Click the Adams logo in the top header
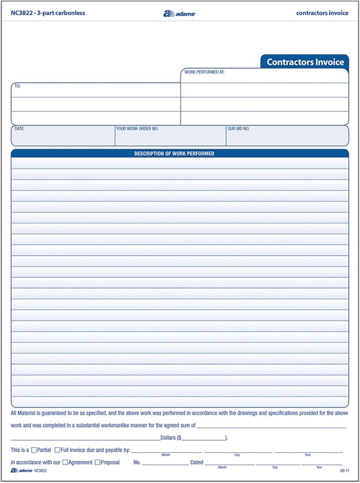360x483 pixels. pyautogui.click(x=179, y=14)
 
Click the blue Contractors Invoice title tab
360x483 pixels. pyautogui.click(x=305, y=62)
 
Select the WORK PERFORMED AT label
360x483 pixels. pyautogui.click(x=205, y=72)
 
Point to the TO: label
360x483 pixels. pyautogui.click(x=17, y=86)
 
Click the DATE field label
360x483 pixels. pyautogui.click(x=19, y=129)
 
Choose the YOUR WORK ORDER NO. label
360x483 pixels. pyautogui.click(x=137, y=129)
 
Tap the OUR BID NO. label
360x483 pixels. pyautogui.click(x=239, y=129)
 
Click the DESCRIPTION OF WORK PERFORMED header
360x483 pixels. pyautogui.click(x=174, y=154)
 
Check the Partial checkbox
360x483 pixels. pyautogui.click(x=34, y=450)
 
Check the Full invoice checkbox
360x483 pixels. pyautogui.click(x=58, y=450)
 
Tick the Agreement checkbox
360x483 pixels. pyautogui.click(x=65, y=462)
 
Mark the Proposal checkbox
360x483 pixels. pyautogui.click(x=98, y=462)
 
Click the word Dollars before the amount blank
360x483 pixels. pyautogui.click(x=168, y=438)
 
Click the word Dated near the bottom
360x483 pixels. pyautogui.click(x=197, y=462)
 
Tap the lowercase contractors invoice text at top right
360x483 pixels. pyautogui.click(x=322, y=13)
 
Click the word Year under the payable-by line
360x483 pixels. pyautogui.click(x=308, y=455)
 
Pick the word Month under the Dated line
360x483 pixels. pyautogui.click(x=222, y=468)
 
